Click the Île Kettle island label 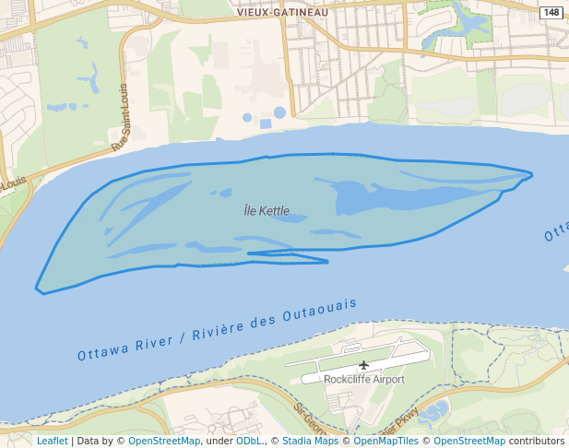click(267, 211)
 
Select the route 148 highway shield click(551, 12)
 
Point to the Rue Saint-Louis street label click(121, 117)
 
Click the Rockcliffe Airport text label click(363, 379)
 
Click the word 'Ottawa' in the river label click(100, 353)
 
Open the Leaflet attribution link click(52, 441)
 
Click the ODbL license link click(248, 441)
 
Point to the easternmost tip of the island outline click(532, 173)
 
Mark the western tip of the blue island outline click(37, 289)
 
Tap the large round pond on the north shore click(279, 112)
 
